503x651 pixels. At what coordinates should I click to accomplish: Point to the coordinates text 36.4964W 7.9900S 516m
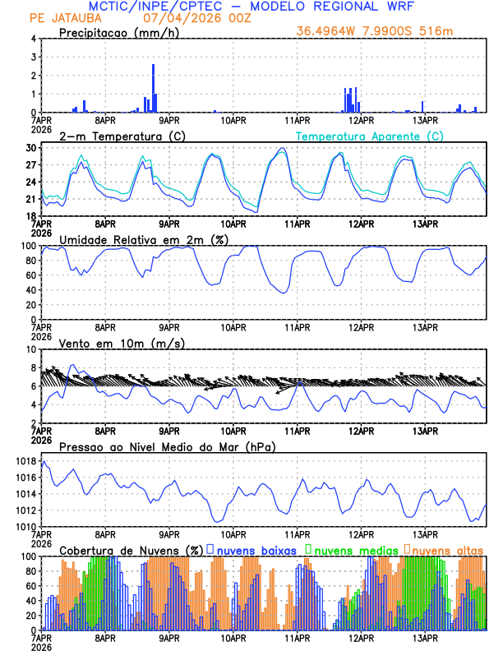point(375,31)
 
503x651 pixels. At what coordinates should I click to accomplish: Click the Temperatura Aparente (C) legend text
point(369,136)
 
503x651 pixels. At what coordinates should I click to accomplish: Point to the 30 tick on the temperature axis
point(33,148)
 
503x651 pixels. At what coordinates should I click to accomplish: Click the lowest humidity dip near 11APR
point(284,293)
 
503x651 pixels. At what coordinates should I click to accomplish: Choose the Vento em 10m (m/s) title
point(111,342)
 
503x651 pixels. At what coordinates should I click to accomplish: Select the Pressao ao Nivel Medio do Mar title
point(167,446)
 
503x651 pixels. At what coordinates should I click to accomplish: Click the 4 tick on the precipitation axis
point(35,39)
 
